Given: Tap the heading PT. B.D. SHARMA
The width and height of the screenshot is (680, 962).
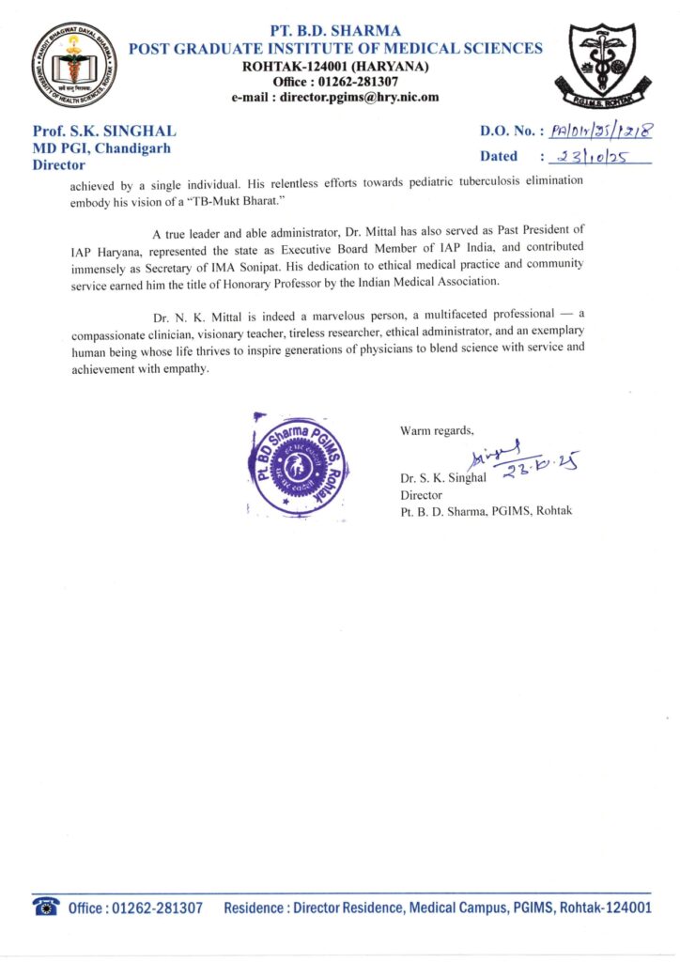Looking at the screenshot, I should click(x=334, y=31).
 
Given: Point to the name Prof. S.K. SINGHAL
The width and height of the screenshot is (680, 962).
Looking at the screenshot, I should click(x=104, y=132).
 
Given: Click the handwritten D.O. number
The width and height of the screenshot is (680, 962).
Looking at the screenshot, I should click(x=595, y=132).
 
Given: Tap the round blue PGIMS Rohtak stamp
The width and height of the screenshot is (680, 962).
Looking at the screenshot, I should click(x=295, y=464).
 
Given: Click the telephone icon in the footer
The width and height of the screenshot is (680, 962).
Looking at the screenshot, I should click(x=46, y=907).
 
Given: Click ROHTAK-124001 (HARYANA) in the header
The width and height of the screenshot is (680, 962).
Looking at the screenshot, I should click(x=335, y=66).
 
